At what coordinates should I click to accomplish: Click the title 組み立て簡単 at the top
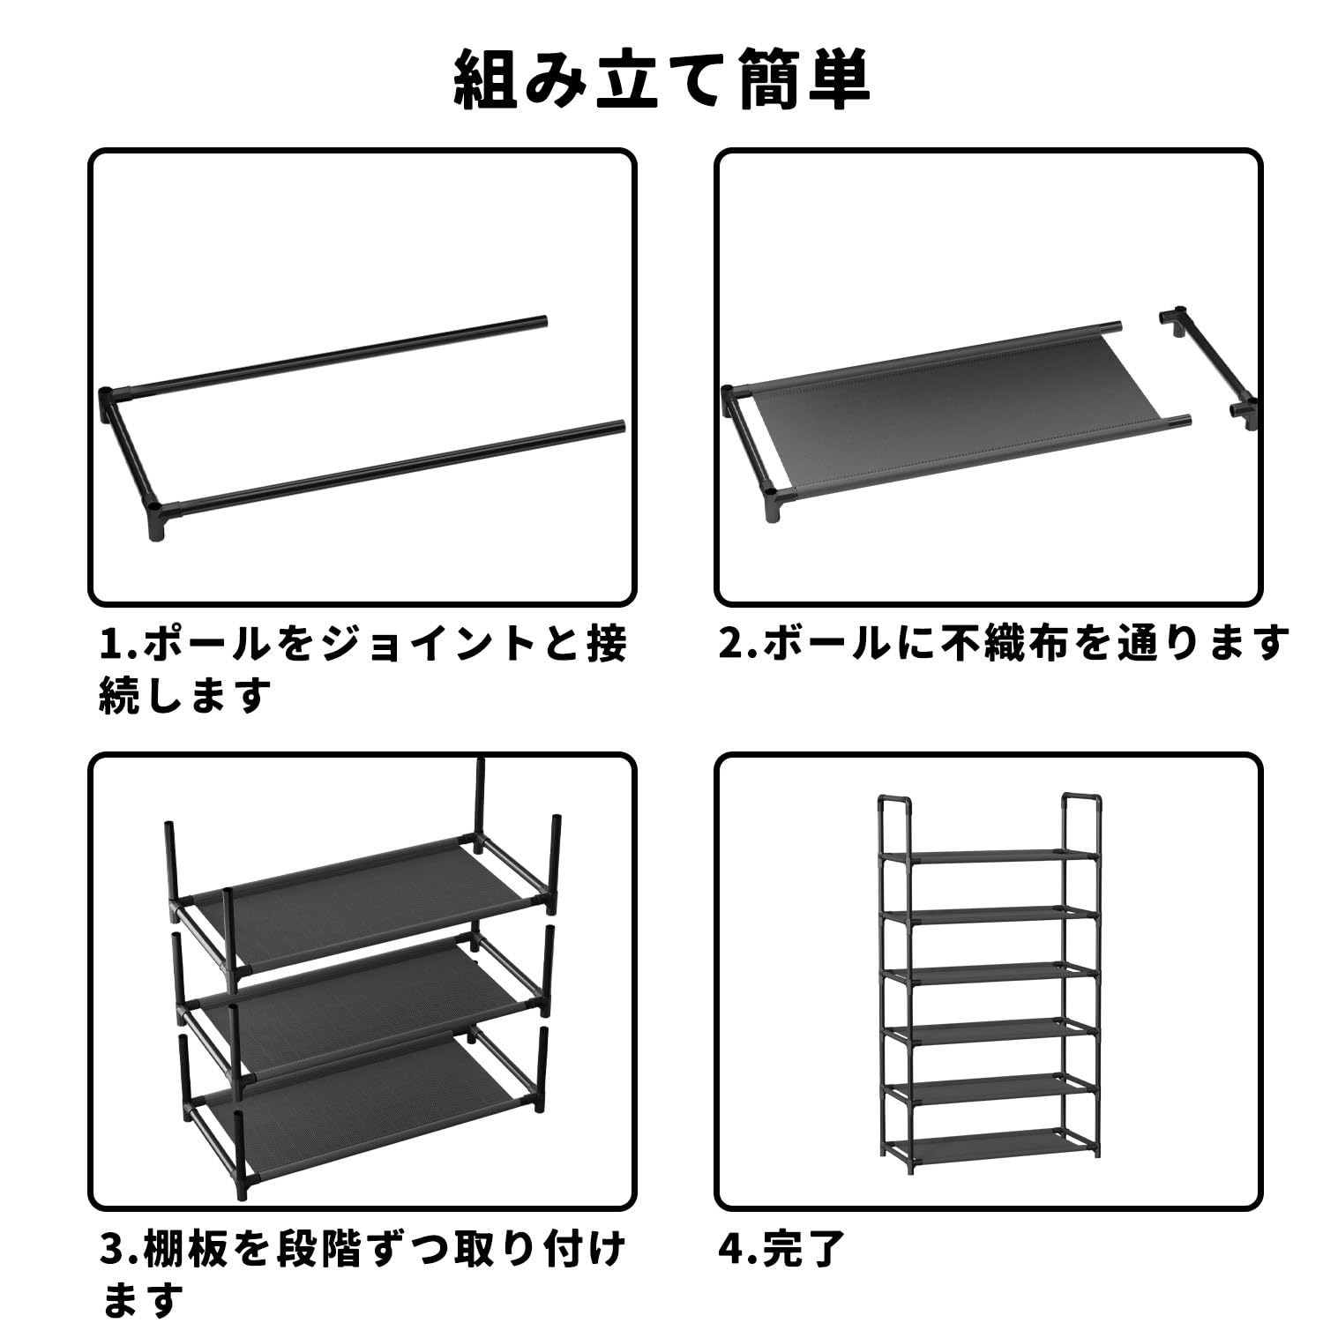pyautogui.click(x=661, y=81)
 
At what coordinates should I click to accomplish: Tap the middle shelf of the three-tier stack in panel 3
pyautogui.click(x=362, y=997)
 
